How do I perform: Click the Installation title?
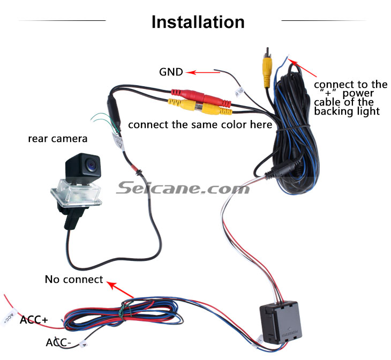pyautogui.click(x=198, y=22)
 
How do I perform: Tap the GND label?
pyautogui.click(x=171, y=72)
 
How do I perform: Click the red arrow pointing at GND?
pyautogui.click(x=203, y=73)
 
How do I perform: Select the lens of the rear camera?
pyautogui.click(x=91, y=164)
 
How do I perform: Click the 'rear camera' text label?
pyautogui.click(x=58, y=139)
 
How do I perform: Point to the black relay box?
pyautogui.click(x=280, y=322)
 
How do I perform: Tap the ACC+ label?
pyautogui.click(x=34, y=320)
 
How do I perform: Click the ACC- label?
pyautogui.click(x=58, y=342)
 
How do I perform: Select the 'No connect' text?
pyautogui.click(x=74, y=280)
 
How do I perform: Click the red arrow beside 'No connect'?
pyautogui.click(x=120, y=289)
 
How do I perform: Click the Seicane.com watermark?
pyautogui.click(x=183, y=188)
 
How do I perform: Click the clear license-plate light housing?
pyautogui.click(x=76, y=193)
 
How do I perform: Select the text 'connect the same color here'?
pyautogui.click(x=200, y=125)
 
